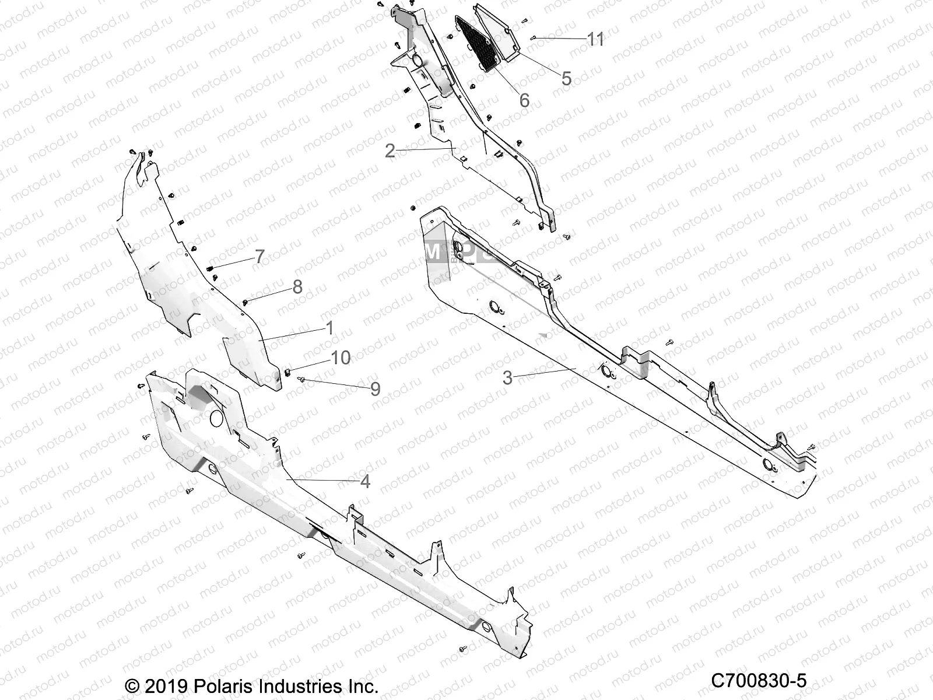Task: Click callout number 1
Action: [x=329, y=328]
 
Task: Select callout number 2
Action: [x=390, y=151]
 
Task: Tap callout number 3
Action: [x=507, y=378]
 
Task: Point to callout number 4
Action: [x=365, y=482]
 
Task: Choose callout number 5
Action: [x=566, y=79]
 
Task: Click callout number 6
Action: [x=524, y=100]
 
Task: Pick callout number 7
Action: [x=259, y=256]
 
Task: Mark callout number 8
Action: [x=297, y=286]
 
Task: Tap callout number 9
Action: [x=375, y=389]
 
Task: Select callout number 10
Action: [x=341, y=357]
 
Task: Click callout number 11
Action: [x=595, y=39]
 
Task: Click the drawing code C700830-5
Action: [x=758, y=680]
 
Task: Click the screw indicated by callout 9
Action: [x=301, y=379]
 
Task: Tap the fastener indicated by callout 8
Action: [x=245, y=302]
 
